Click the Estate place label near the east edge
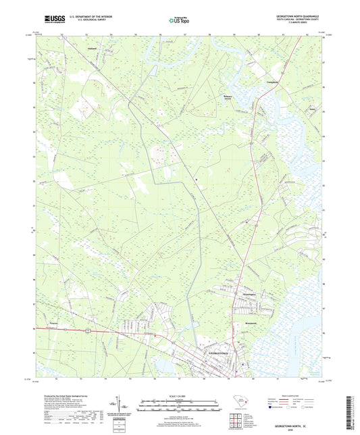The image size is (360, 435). (x=293, y=107)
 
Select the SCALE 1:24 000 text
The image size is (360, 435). (x=180, y=396)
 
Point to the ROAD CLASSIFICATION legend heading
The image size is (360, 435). (x=303, y=396)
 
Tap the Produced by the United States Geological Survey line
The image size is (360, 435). (x=63, y=396)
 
